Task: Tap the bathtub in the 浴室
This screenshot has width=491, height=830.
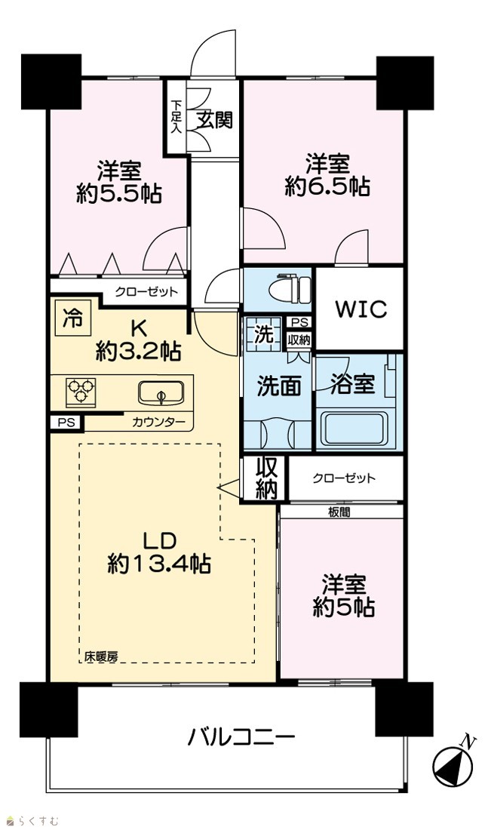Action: (x=354, y=429)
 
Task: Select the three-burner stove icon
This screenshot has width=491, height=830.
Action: (x=81, y=392)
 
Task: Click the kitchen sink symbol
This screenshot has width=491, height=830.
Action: (x=161, y=393)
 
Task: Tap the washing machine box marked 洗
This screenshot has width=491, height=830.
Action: (x=263, y=334)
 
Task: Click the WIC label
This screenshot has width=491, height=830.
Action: (x=361, y=309)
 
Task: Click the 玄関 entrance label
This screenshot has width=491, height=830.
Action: (x=216, y=120)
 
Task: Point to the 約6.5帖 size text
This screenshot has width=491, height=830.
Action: (x=327, y=186)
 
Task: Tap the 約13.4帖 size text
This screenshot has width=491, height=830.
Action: (x=159, y=564)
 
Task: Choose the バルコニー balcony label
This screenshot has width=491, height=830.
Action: (x=241, y=737)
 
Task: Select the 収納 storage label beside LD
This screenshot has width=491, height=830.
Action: (x=267, y=478)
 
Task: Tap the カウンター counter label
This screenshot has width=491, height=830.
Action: (x=158, y=422)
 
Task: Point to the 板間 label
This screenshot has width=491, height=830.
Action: (x=339, y=512)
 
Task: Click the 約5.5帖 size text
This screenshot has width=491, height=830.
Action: (x=119, y=194)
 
